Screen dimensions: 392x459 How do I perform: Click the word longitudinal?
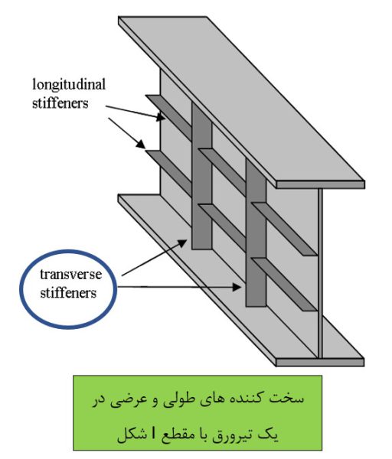[69, 86]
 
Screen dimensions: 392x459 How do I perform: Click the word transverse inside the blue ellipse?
[70, 275]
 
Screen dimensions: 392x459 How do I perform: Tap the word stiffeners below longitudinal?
[60, 103]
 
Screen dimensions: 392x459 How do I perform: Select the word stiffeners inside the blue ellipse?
[68, 293]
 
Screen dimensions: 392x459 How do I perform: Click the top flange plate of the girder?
[241, 99]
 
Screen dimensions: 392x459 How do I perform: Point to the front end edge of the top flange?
[321, 184]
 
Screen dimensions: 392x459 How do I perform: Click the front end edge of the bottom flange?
[320, 363]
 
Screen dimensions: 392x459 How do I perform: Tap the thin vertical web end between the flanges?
[321, 273]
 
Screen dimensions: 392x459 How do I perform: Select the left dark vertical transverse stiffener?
[201, 176]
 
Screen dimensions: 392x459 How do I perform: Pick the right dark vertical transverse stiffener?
[256, 233]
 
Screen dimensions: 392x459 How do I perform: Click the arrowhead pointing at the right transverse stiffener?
[237, 287]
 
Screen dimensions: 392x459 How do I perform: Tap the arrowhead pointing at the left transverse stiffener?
[182, 243]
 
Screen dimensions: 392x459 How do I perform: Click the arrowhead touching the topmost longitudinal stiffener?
[161, 117]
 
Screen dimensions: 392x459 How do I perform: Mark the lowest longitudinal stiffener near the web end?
[284, 285]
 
